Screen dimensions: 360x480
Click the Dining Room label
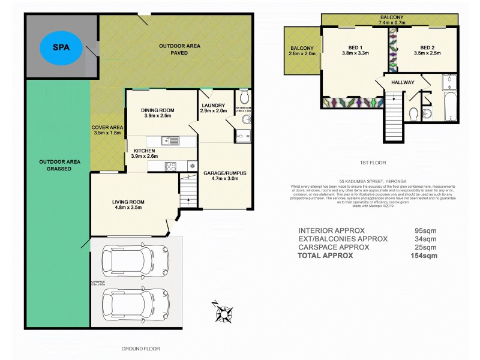pos(157,113)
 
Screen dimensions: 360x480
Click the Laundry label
pos(213,108)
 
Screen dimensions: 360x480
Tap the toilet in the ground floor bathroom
pos(242,98)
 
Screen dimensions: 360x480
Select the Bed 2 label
pos(430,50)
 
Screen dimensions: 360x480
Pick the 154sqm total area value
pos(425,255)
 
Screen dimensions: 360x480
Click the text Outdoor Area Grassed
pos(55,166)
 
